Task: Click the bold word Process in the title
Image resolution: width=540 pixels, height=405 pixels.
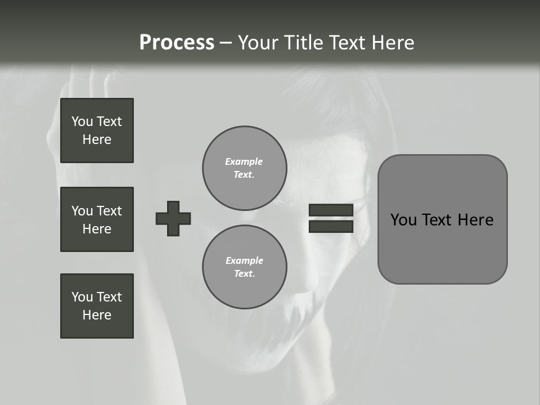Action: (x=177, y=43)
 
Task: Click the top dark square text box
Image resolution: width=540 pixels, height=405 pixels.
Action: (x=97, y=130)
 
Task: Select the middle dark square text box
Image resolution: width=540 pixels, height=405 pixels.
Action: (x=97, y=219)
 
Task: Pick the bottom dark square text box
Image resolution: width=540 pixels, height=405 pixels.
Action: (x=97, y=306)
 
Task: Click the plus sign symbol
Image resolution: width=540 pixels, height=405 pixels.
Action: (x=173, y=218)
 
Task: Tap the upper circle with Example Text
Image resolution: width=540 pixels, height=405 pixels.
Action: (x=244, y=168)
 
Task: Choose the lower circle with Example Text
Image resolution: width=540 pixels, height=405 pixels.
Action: (x=244, y=267)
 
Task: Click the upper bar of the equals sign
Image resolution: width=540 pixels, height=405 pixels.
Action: (x=331, y=210)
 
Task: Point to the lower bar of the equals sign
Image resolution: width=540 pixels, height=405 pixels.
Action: (x=331, y=227)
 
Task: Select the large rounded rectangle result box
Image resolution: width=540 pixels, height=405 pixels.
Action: (x=442, y=247)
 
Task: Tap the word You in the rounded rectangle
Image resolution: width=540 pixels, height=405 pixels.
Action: (x=403, y=220)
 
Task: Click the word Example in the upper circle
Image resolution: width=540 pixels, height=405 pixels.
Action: (x=244, y=161)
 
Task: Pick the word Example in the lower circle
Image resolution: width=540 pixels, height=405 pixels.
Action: (x=244, y=260)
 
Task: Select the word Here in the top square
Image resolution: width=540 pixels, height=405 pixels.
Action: (x=97, y=139)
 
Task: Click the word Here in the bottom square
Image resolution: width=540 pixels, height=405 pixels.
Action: (x=97, y=315)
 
